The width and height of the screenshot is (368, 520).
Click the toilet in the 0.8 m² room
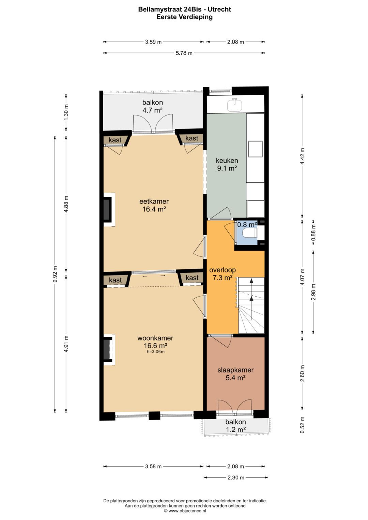(250, 233)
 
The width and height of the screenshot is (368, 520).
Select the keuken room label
(227, 164)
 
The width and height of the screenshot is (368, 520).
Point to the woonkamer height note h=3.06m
(155, 352)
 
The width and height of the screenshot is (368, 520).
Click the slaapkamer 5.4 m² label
(235, 374)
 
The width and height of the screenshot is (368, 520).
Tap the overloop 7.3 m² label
(223, 274)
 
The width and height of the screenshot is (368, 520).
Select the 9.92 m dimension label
(55, 274)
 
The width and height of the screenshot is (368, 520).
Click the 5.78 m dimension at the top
(184, 53)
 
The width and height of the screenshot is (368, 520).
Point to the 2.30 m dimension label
(236, 477)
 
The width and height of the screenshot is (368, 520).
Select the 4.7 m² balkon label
(152, 106)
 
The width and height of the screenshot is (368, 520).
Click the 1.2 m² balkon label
(235, 426)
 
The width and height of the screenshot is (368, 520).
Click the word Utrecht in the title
(219, 10)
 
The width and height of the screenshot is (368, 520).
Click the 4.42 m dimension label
(302, 157)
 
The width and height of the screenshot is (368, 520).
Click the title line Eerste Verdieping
(184, 17)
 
